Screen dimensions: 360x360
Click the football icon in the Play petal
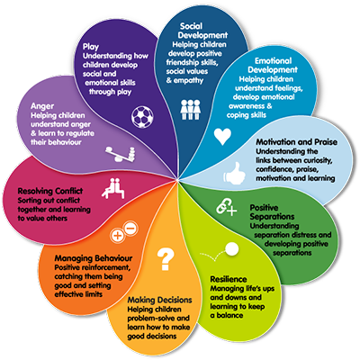tap(142, 116)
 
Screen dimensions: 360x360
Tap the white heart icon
tap(222, 137)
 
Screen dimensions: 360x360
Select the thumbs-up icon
tap(234, 173)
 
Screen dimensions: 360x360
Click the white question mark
tap(166, 259)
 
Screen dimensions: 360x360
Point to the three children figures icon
tap(191, 110)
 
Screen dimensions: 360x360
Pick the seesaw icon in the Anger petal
tap(120, 154)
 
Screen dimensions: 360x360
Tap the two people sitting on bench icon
tap(113, 188)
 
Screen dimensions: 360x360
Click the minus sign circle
tap(130, 229)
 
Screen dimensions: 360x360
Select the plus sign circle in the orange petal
tap(118, 236)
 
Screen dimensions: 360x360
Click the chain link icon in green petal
tap(226, 207)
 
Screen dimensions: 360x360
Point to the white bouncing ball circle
tap(231, 249)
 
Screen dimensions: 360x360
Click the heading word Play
tap(91, 47)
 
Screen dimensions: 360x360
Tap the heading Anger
tap(42, 106)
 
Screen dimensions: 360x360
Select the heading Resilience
tap(229, 279)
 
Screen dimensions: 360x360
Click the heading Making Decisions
tap(159, 300)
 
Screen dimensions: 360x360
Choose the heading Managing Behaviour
tap(94, 258)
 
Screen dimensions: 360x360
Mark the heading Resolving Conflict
tap(50, 191)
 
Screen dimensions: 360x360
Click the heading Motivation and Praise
tap(296, 142)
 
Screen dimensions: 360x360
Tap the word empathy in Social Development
tap(188, 80)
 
